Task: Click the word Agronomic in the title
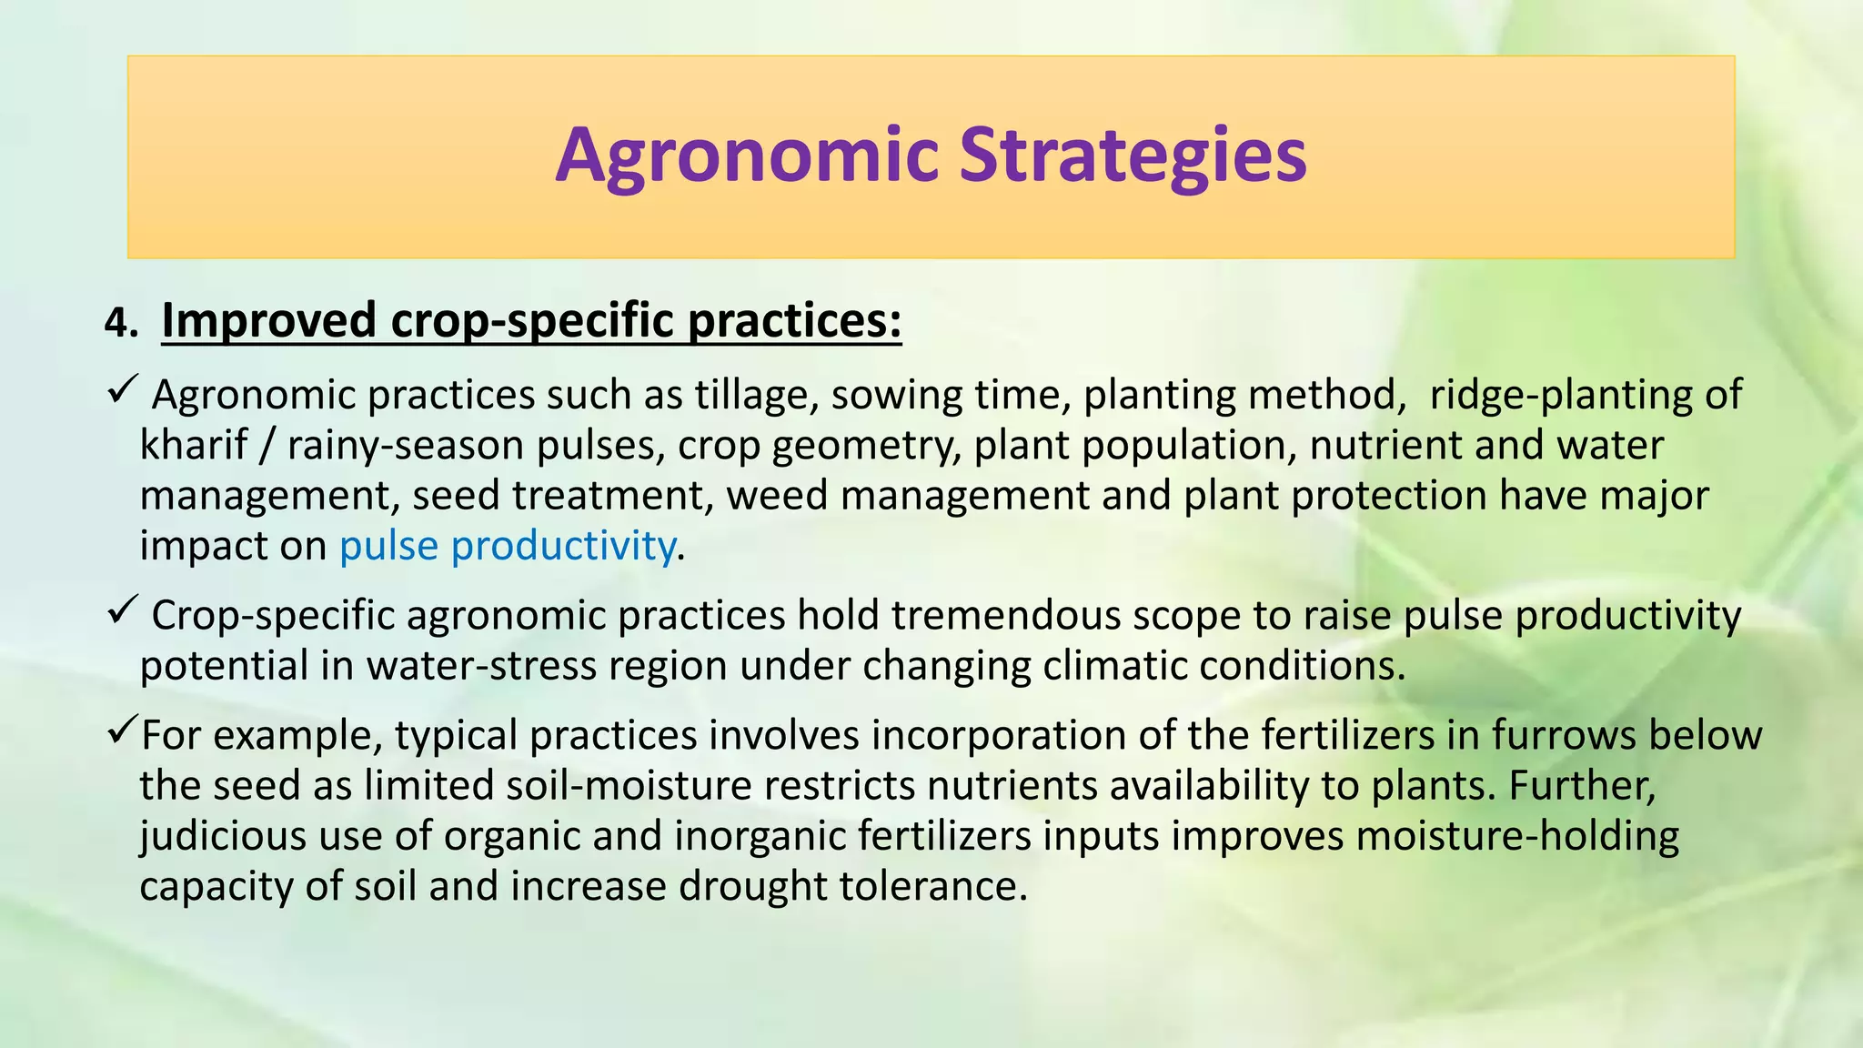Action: point(746,156)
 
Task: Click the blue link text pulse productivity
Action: point(508,546)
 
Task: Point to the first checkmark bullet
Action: point(122,391)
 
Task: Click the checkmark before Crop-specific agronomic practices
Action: point(122,611)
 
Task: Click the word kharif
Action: point(193,446)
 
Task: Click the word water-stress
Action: point(481,666)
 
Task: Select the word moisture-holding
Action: point(1516,836)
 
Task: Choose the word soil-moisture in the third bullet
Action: point(629,785)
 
